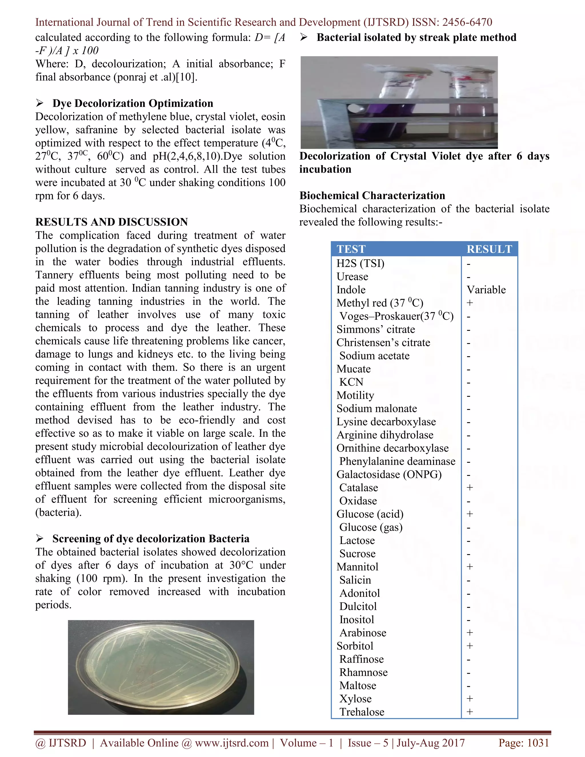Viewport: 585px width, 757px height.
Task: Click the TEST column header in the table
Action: click(351, 249)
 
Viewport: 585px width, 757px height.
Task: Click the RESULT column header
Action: click(489, 249)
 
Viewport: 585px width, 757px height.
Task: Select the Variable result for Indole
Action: click(486, 290)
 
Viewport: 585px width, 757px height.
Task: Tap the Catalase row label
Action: click(358, 488)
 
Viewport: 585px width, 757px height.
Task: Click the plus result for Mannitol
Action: click(470, 567)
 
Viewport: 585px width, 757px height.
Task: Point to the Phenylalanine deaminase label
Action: click(397, 461)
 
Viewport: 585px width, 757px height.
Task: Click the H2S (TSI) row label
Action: click(360, 263)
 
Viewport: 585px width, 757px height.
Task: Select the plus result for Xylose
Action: click(470, 698)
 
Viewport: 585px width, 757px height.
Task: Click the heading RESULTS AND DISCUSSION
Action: click(112, 222)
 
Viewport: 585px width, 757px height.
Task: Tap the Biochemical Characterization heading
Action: click(372, 195)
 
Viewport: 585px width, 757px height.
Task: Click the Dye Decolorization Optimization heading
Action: click(133, 103)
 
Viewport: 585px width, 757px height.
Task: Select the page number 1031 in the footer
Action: click(538, 743)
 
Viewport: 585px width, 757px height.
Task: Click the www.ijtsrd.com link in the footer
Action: click(231, 743)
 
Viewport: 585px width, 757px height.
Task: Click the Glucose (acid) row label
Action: click(370, 514)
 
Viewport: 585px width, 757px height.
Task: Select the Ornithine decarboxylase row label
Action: click(392, 448)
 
